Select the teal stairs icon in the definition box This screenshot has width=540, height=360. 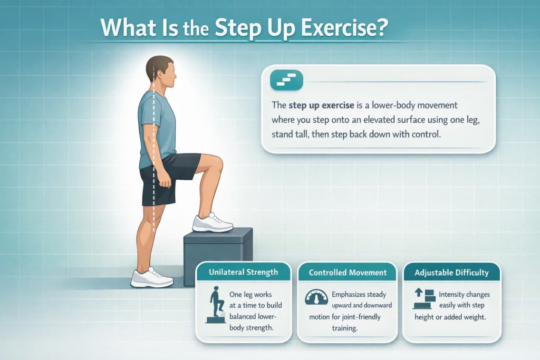(x=286, y=80)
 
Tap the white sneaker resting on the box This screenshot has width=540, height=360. (x=212, y=223)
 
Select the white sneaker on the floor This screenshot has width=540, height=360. (x=152, y=278)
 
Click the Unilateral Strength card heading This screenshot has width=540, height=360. (x=243, y=273)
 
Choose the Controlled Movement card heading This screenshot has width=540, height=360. (x=348, y=273)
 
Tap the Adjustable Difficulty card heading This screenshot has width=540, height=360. (x=452, y=273)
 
